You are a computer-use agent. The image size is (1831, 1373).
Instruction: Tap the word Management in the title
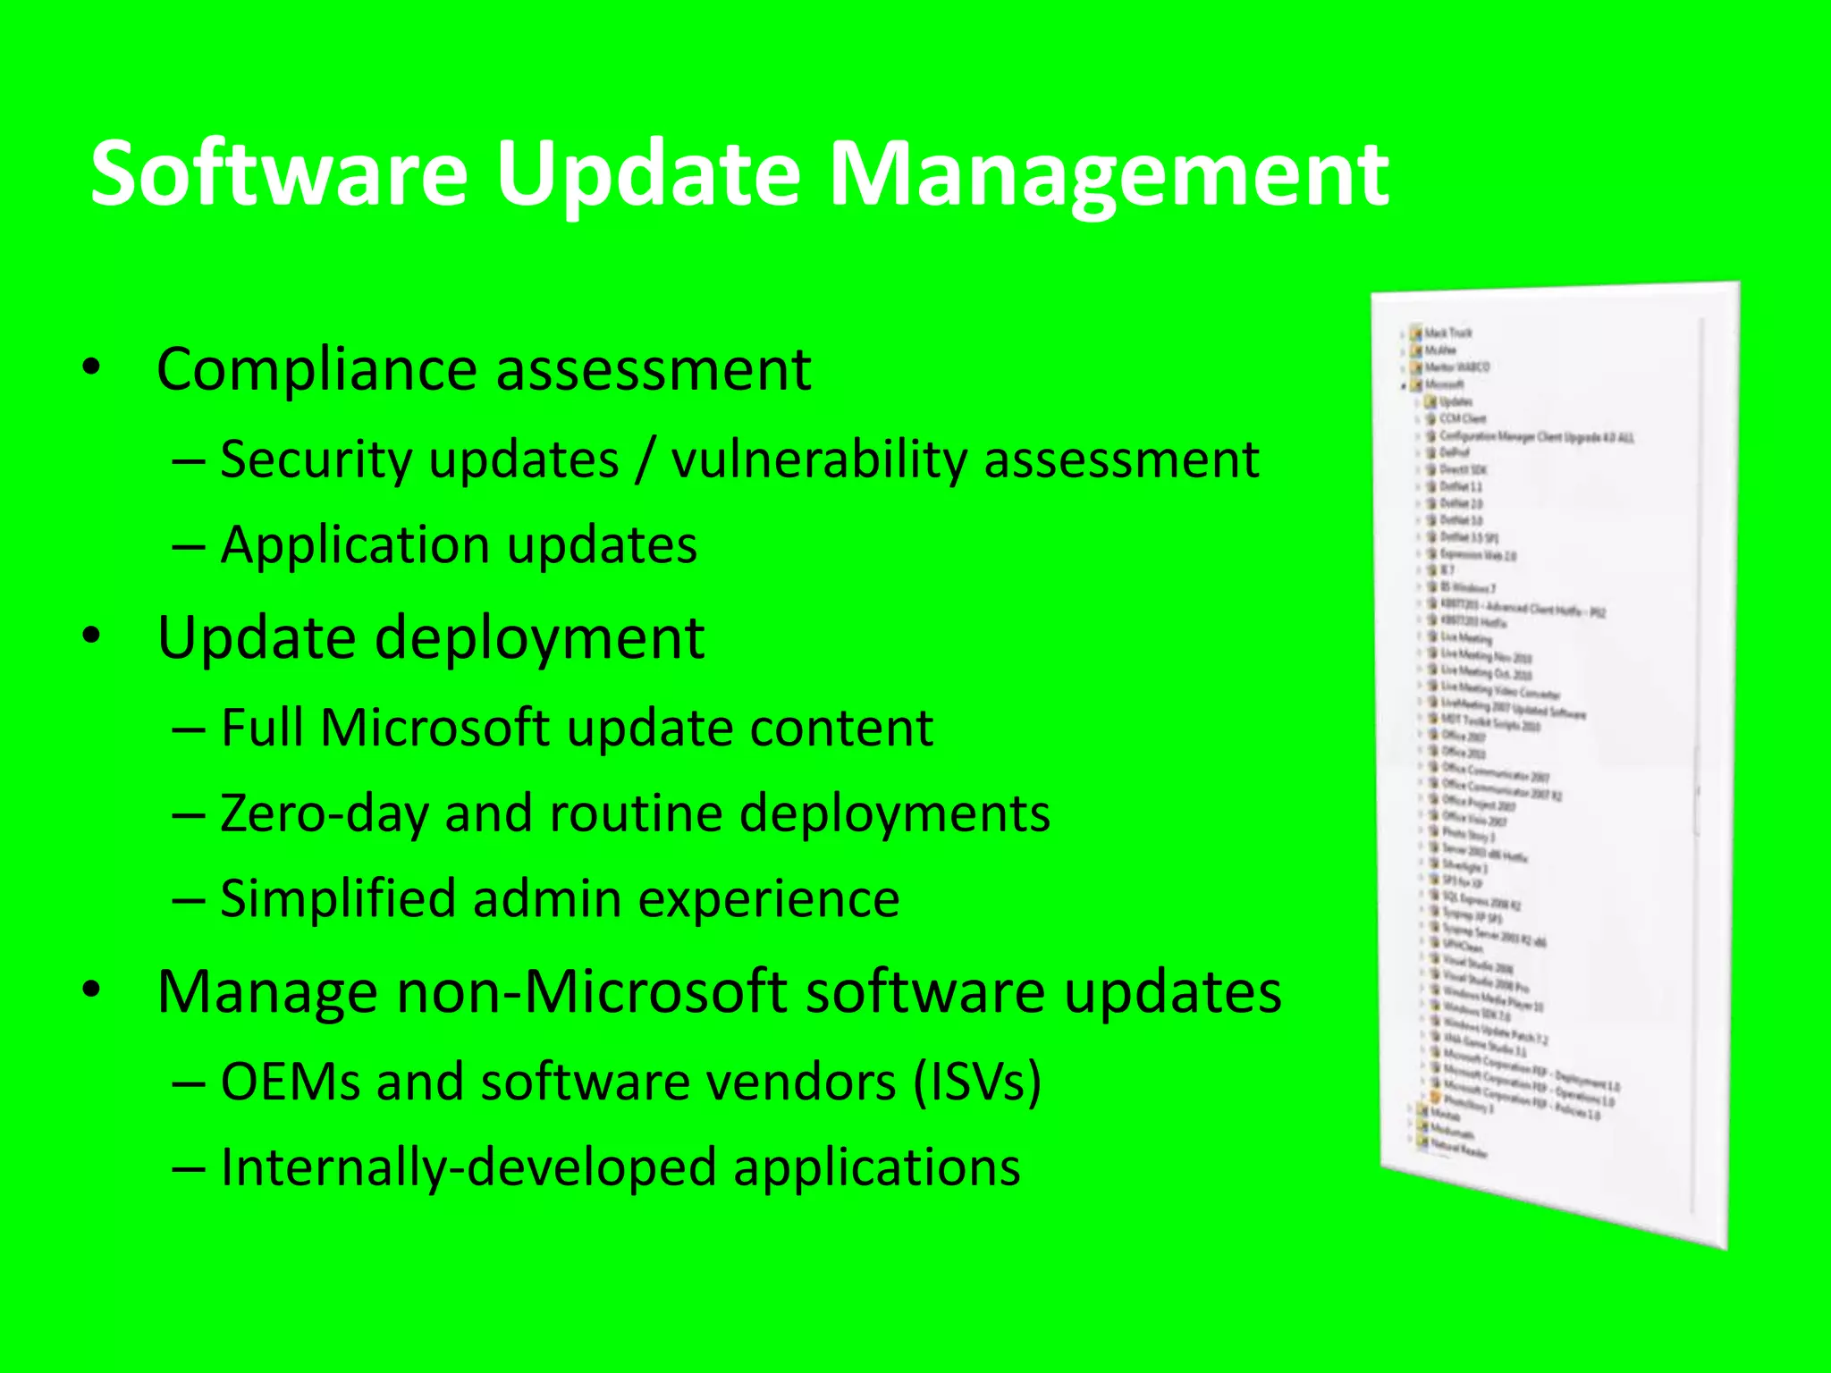tap(1109, 174)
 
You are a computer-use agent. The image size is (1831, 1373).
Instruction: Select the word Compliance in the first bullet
tap(318, 369)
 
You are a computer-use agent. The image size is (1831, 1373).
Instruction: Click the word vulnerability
tap(819, 460)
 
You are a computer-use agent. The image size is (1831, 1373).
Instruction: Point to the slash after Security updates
tap(645, 460)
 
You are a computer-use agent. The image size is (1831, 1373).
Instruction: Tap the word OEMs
tap(290, 1082)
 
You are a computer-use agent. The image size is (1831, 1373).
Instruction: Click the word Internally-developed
tap(468, 1168)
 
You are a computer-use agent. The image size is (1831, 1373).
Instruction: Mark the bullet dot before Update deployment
tap(90, 636)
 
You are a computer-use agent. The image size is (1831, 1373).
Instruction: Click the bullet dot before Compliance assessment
tap(90, 366)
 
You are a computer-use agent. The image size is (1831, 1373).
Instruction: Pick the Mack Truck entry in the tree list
tap(1447, 333)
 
